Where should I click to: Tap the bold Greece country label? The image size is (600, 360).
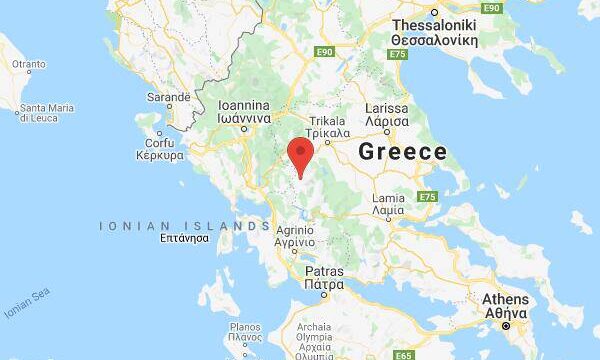(x=402, y=152)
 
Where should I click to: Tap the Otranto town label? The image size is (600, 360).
(x=28, y=64)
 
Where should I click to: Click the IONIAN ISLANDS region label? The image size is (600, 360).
(x=184, y=227)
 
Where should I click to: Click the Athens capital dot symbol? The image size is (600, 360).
(x=506, y=326)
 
